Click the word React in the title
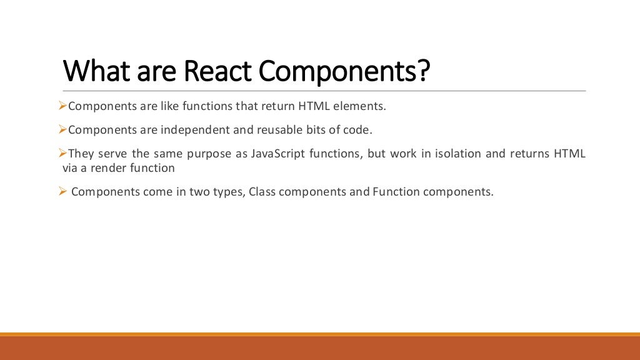pyautogui.click(x=219, y=71)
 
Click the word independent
pyautogui.click(x=187, y=130)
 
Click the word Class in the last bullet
pyautogui.click(x=262, y=192)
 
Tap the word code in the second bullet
pyautogui.click(x=360, y=130)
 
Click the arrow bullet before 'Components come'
pyautogui.click(x=62, y=191)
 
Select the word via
pyautogui.click(x=71, y=168)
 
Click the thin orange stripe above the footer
pyautogui.click(x=320, y=334)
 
